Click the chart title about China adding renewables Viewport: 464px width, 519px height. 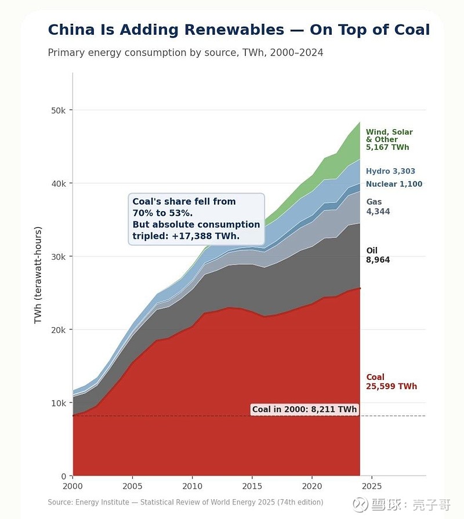[x=238, y=30]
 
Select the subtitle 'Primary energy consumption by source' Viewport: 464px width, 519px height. [x=185, y=53]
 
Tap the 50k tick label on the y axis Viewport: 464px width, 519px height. [x=60, y=110]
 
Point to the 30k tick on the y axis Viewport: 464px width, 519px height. [x=60, y=256]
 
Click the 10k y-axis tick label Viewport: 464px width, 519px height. [x=60, y=403]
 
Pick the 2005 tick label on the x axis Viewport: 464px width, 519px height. [x=133, y=485]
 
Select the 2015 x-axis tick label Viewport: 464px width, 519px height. [x=252, y=485]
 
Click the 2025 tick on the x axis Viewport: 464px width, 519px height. [x=372, y=485]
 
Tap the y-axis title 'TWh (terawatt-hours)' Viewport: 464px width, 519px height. [x=38, y=275]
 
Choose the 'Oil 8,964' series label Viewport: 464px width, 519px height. [x=377, y=255]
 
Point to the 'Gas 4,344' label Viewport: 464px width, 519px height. [x=378, y=206]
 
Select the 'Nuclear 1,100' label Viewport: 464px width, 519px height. [x=394, y=184]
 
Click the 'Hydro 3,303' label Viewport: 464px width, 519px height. [x=390, y=171]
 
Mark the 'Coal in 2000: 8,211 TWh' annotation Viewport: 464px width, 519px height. [x=304, y=409]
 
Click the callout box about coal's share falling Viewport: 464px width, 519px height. [x=196, y=219]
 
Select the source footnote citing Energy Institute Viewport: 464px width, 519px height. [x=185, y=502]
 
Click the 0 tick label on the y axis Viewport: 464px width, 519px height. [x=65, y=476]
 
